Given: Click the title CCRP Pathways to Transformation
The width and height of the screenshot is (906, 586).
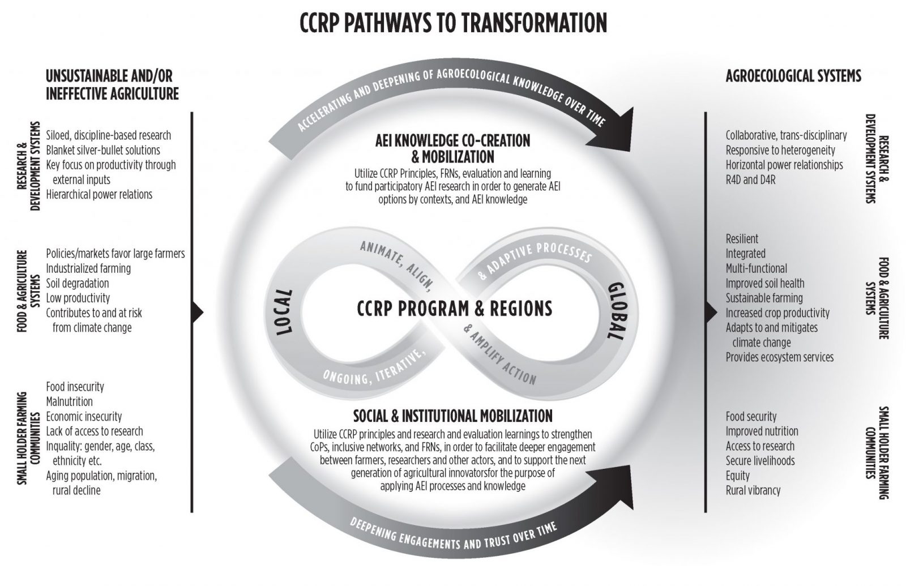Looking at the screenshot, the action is (453, 23).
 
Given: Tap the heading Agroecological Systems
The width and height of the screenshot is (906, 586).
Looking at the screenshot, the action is (793, 76).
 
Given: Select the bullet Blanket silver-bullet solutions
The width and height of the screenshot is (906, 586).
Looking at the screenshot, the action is (102, 150).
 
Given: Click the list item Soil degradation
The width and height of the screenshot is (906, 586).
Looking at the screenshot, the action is (77, 283).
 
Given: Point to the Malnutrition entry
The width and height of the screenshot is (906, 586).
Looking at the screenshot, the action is (69, 401).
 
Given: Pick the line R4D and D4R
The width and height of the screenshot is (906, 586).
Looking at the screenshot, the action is (751, 179).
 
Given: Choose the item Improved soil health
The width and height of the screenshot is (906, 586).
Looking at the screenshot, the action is (765, 283).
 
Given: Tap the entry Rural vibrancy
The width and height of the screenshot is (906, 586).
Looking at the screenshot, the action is (753, 490).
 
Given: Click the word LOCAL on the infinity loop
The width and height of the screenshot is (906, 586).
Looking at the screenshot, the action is (284, 312).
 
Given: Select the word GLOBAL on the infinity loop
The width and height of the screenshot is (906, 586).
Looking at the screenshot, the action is (617, 311).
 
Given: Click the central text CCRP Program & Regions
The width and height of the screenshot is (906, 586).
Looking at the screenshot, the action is (454, 309).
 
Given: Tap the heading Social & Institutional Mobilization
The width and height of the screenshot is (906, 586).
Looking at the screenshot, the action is (452, 416).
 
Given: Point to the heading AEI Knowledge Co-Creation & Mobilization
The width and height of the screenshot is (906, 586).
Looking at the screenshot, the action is (452, 148).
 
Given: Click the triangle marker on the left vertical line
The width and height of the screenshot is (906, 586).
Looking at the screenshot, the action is (198, 312).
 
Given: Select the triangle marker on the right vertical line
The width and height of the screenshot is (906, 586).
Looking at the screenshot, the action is (711, 312).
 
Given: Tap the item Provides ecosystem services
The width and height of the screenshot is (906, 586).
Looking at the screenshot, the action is (779, 357).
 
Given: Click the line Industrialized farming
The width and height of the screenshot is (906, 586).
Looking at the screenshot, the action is (88, 268).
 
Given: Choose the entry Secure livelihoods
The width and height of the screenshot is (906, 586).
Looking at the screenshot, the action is (760, 461).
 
